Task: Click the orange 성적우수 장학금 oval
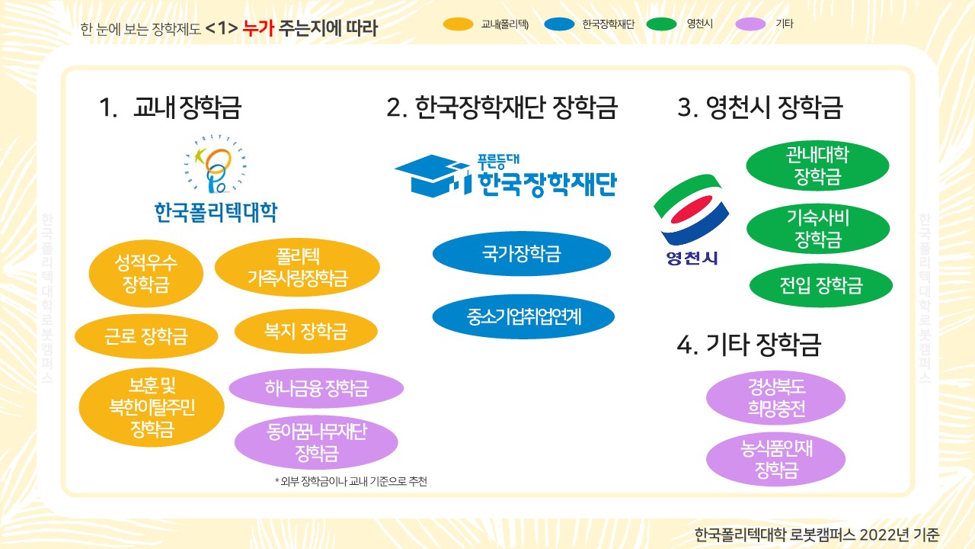[145, 273]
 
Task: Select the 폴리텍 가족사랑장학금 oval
[297, 267]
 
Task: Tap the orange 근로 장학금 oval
[146, 336]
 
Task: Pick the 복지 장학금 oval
[306, 331]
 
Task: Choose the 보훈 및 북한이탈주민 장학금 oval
[152, 407]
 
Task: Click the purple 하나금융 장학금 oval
[316, 388]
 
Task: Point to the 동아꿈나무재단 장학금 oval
[316, 442]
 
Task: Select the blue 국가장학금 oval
[522, 254]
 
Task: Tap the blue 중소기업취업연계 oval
[523, 316]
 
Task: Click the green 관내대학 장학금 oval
[817, 165]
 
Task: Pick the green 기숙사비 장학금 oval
[818, 229]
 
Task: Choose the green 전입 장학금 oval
[821, 285]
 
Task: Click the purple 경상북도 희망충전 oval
[775, 397]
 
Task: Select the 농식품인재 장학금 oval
[775, 459]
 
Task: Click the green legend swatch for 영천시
[662, 24]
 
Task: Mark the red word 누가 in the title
[258, 28]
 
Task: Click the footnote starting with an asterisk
[351, 481]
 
